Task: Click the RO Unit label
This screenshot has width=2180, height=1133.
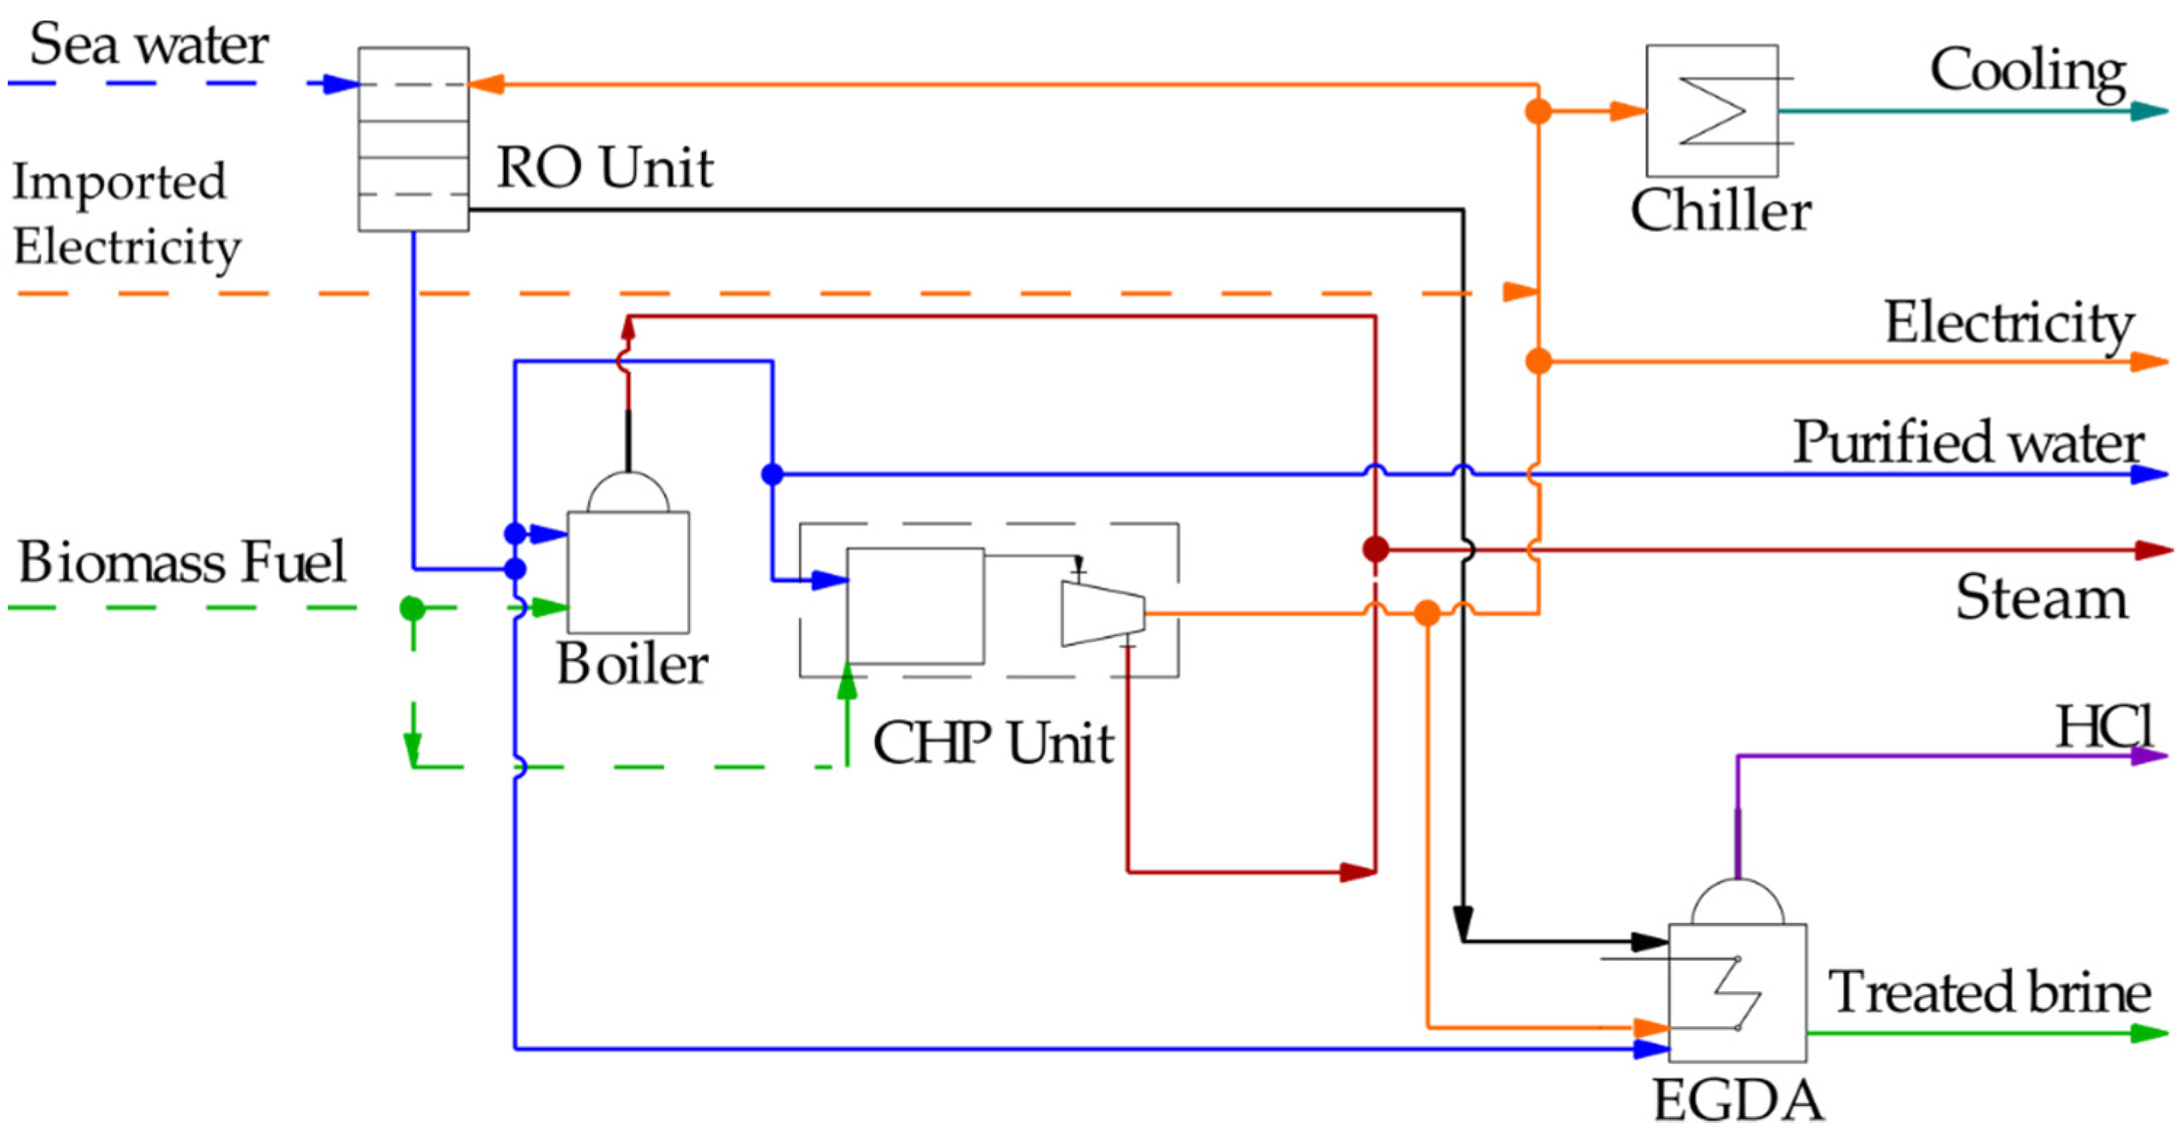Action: point(604,167)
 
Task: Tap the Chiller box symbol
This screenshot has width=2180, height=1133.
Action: point(1711,111)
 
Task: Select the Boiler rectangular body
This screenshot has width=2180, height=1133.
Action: point(628,572)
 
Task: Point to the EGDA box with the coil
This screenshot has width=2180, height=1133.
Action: point(1736,993)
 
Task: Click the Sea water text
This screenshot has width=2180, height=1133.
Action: point(149,44)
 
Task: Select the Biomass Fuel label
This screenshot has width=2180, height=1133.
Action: point(182,562)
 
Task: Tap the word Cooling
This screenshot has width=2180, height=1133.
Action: point(2027,71)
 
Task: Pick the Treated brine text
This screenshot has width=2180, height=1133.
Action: point(1989,992)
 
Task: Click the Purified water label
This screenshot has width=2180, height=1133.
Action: point(1968,441)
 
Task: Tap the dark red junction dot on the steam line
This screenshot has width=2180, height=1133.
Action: point(1375,549)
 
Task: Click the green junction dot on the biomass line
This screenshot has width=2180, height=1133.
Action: point(412,607)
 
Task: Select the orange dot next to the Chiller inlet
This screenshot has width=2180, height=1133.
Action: point(1538,111)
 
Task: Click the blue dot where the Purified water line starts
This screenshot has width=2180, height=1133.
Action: point(772,475)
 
